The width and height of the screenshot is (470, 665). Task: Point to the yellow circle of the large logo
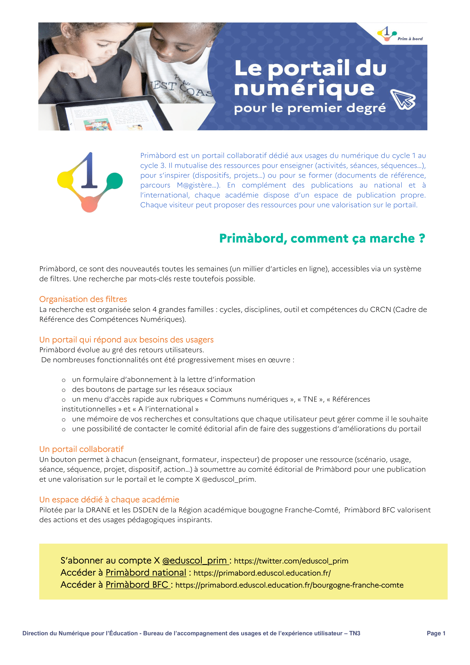coord(65,179)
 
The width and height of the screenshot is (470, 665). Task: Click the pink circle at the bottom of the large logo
coord(89,204)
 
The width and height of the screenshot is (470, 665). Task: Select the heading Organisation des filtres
coord(83,299)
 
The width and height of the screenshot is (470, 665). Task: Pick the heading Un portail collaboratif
coord(81,449)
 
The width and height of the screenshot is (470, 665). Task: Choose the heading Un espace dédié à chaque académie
coord(109,499)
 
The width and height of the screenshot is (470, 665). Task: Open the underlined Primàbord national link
coord(145,573)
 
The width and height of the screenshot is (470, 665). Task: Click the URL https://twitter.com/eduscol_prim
coord(291,561)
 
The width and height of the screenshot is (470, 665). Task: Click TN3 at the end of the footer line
coord(355,633)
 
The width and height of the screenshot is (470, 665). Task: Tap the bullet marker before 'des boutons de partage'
coord(64,390)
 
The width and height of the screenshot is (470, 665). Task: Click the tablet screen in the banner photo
coord(113,116)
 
